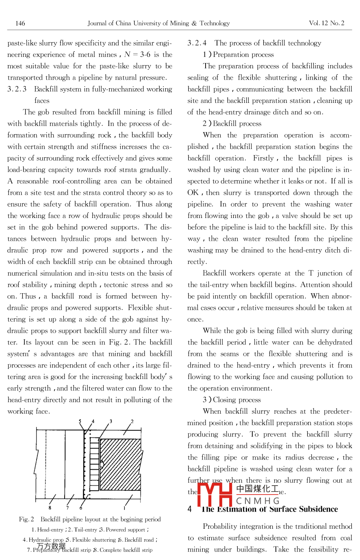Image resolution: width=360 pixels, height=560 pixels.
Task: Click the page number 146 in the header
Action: (20, 23)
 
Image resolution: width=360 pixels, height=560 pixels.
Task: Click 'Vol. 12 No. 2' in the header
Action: (326, 23)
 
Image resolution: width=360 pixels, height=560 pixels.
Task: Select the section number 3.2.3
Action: (17, 89)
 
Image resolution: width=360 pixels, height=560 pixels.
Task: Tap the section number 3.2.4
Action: (197, 43)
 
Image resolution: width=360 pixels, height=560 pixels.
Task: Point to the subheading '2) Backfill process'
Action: (232, 124)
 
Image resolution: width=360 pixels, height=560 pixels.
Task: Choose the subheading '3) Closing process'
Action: (232, 400)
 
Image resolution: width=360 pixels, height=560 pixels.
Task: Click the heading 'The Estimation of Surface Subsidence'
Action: (269, 509)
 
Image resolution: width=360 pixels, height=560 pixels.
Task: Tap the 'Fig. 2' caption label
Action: (26, 519)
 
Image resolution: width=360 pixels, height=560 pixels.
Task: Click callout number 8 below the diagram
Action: (50, 508)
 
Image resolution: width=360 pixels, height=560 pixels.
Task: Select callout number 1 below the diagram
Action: (124, 508)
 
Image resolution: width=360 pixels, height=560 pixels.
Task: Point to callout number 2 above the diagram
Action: (132, 421)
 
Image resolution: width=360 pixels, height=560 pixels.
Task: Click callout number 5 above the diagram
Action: (80, 421)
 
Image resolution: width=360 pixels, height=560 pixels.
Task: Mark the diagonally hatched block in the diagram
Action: (120, 464)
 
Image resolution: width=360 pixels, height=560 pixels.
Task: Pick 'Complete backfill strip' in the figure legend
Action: (126, 550)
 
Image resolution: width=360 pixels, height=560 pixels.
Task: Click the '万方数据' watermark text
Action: (51, 546)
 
